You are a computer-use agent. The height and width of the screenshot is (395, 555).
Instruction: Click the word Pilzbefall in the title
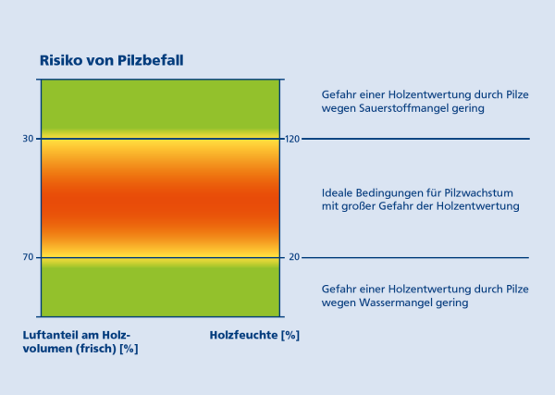point(151,60)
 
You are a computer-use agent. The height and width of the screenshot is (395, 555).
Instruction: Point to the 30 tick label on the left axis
point(28,139)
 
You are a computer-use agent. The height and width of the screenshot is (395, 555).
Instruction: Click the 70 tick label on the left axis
point(28,257)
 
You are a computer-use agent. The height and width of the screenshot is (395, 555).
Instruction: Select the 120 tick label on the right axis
point(292,139)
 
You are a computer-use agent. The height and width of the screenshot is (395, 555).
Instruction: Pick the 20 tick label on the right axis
point(294,257)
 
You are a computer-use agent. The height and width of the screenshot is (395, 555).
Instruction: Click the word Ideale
point(338,193)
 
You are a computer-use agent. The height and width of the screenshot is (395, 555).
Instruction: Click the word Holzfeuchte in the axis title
point(243,335)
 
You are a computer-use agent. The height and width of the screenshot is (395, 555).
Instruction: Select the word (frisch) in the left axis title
point(96,349)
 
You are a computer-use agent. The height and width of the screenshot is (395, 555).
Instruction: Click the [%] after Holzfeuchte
point(290,335)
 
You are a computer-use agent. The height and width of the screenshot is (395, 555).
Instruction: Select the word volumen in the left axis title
point(47,349)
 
